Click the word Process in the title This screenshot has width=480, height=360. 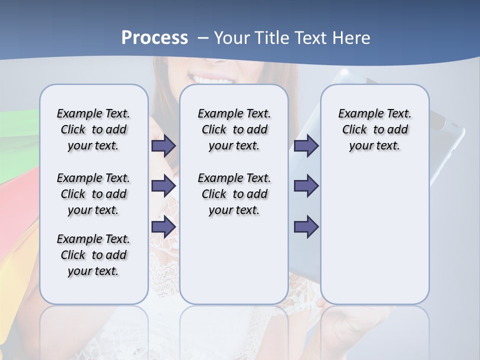pyautogui.click(x=154, y=38)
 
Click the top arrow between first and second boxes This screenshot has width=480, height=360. pyautogui.click(x=163, y=146)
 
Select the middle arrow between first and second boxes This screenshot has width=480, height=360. pyautogui.click(x=163, y=186)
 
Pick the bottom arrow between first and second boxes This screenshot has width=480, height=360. pyautogui.click(x=163, y=227)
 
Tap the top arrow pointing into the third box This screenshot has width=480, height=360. pyautogui.click(x=306, y=146)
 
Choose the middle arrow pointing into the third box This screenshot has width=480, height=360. pyautogui.click(x=306, y=186)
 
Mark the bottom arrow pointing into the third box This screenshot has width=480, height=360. pyautogui.click(x=306, y=227)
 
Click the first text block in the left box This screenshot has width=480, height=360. pyautogui.click(x=93, y=129)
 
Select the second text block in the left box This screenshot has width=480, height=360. pyautogui.click(x=93, y=194)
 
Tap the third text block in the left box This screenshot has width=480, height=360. pyautogui.click(x=93, y=255)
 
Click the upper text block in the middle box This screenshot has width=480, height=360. pyautogui.click(x=234, y=129)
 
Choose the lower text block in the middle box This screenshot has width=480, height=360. pyautogui.click(x=234, y=194)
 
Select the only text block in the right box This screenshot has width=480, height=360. pyautogui.click(x=374, y=129)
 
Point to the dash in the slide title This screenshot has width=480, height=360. pyautogui.click(x=203, y=38)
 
